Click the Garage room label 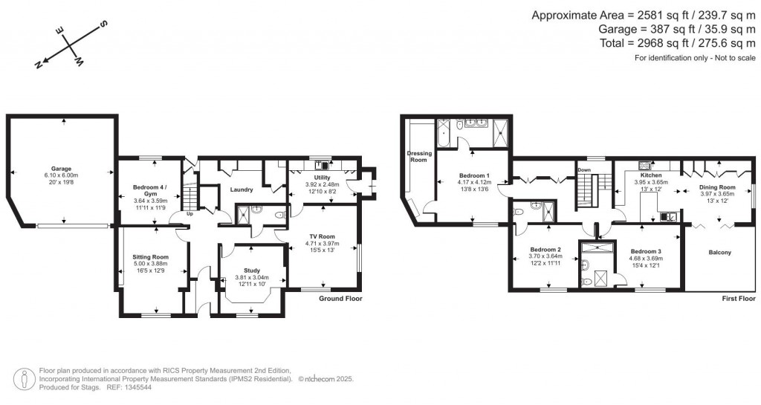click(x=61, y=169)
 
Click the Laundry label click(x=242, y=189)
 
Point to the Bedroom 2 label click(x=545, y=249)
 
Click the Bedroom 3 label click(x=645, y=251)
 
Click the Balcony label click(x=719, y=253)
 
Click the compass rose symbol click(x=72, y=46)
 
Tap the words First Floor click(x=739, y=298)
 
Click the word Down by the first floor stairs click(x=584, y=169)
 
